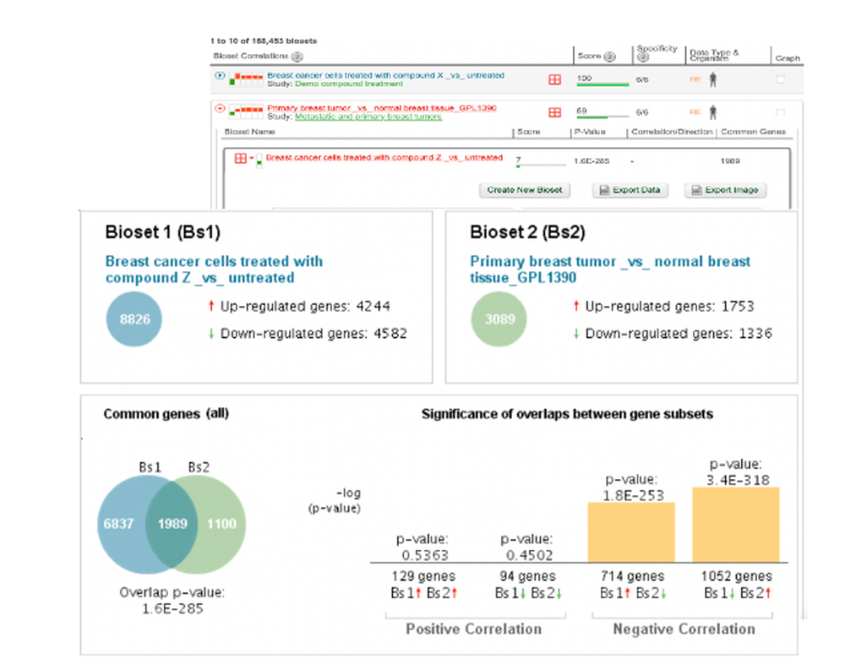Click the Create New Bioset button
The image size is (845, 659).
[524, 190]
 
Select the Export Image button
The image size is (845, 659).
[726, 190]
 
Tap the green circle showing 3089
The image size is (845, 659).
[499, 320]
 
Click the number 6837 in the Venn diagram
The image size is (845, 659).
[118, 524]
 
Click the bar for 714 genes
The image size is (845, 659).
[631, 532]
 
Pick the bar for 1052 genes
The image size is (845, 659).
[735, 525]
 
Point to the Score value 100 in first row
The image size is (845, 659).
[584, 77]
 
